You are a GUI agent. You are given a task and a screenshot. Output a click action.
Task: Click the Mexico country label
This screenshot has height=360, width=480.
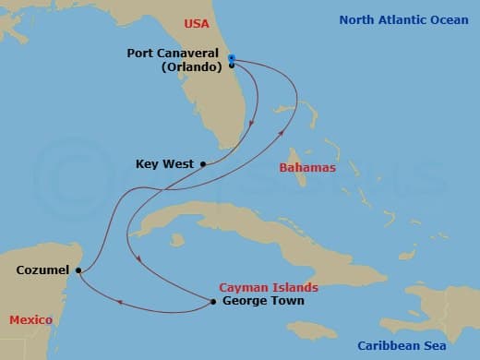click(30, 319)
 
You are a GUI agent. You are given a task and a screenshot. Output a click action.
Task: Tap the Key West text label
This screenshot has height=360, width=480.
click(164, 164)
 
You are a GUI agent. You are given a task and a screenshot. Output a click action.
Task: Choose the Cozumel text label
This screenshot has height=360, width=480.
click(42, 270)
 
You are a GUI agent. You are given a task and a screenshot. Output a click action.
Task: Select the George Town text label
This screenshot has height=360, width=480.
click(263, 301)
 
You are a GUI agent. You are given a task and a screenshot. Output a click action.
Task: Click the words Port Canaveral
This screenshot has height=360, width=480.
click(173, 54)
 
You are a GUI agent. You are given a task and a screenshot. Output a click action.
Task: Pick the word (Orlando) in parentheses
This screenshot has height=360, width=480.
click(184, 66)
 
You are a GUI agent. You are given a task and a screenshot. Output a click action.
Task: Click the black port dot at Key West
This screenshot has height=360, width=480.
click(202, 164)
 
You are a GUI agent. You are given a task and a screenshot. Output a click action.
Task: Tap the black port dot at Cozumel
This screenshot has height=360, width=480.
click(78, 270)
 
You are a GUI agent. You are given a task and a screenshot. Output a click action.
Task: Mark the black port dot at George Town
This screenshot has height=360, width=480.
click(213, 302)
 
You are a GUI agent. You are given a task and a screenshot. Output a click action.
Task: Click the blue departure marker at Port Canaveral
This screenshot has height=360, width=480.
click(231, 57)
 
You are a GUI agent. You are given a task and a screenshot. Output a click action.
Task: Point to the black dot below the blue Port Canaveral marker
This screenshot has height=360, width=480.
click(231, 66)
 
